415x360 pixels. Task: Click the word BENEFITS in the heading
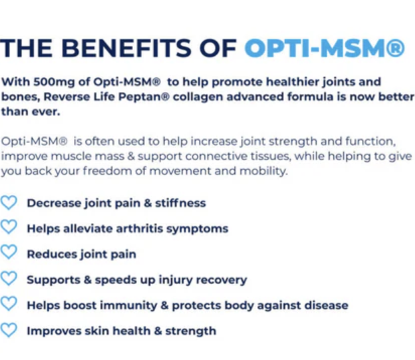coord(126,48)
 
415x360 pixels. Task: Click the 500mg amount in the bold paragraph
coord(54,82)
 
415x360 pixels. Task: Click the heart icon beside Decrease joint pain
coord(9,203)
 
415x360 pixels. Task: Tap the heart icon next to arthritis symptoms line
coord(9,227)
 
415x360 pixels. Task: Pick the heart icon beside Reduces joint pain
coord(9,252)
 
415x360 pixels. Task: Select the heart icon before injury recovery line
coord(9,278)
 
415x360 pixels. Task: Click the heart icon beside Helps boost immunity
coord(9,304)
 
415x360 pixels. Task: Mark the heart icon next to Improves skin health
coord(9,330)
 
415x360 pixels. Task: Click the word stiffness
coord(180,203)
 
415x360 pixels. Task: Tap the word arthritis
coord(140,228)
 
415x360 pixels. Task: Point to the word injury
coord(175,280)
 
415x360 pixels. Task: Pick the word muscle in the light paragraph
coord(71,156)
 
